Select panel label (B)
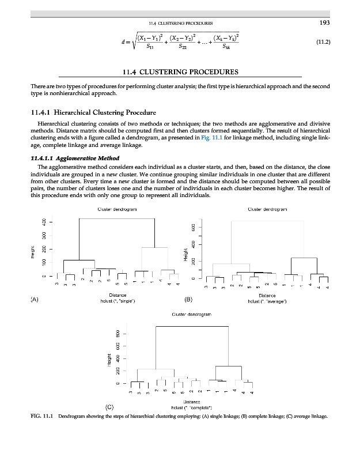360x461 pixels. coord(188,299)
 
